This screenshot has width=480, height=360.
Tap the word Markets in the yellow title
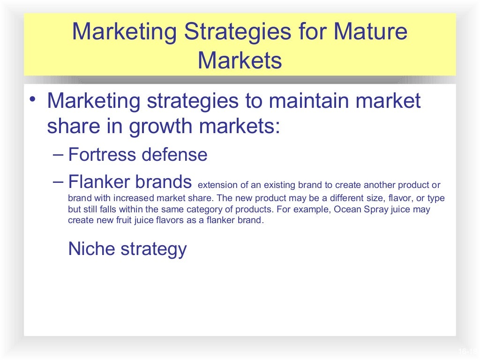[240, 60]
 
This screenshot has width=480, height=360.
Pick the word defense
[175, 154]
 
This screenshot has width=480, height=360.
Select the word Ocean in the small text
[347, 210]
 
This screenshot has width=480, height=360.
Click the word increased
[130, 198]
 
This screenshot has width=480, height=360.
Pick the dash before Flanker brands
[58, 181]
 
